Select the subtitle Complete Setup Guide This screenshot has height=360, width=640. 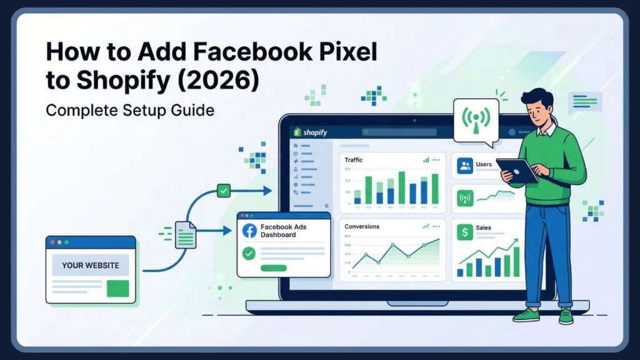coord(130,111)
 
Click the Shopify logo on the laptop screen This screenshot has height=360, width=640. coord(311,132)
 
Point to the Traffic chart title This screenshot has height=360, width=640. coord(354,161)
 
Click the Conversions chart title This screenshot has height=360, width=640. coord(361,226)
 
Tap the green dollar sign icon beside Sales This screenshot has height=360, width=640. coord(464,232)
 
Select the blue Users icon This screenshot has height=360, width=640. coord(465,165)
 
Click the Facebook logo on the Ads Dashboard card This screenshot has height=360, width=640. coord(249,230)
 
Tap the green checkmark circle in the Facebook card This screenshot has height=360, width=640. coord(249,253)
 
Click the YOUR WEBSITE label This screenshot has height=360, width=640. coord(91,265)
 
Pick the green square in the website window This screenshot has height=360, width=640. coord(117,288)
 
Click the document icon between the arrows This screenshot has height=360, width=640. coord(185,234)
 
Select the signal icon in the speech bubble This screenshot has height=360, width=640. coord(474,119)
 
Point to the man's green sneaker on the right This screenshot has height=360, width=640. coord(566,316)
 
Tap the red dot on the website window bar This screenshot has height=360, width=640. coord(52,242)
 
